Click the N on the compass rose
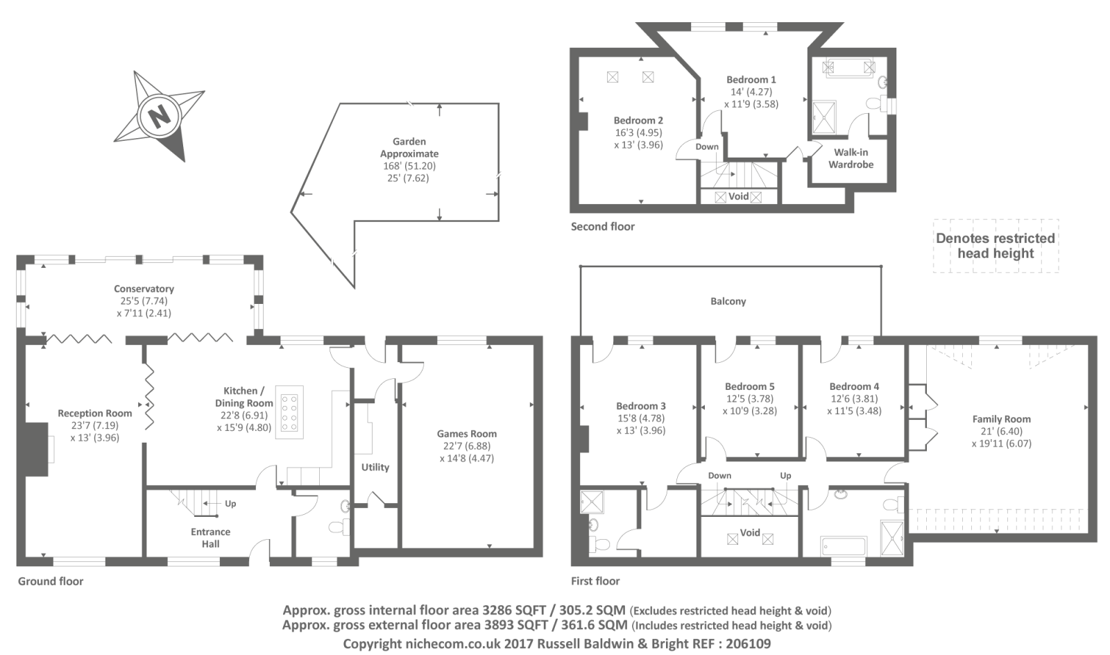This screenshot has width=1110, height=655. pyautogui.click(x=160, y=115)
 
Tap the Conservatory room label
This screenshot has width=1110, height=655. pyautogui.click(x=144, y=289)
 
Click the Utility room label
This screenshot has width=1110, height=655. pyautogui.click(x=375, y=467)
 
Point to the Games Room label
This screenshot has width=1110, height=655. pyautogui.click(x=466, y=434)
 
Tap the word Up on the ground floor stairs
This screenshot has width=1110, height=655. pyautogui.click(x=230, y=504)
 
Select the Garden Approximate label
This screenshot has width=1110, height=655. pyautogui.click(x=409, y=148)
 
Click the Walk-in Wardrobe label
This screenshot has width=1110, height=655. pyautogui.click(x=851, y=158)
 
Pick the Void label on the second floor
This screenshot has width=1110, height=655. pyautogui.click(x=738, y=196)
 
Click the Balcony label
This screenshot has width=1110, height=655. pyautogui.click(x=728, y=301)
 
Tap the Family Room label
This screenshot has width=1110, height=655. pyautogui.click(x=1001, y=419)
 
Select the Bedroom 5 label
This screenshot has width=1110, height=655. pyautogui.click(x=749, y=386)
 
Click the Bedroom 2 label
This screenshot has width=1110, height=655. pyautogui.click(x=638, y=121)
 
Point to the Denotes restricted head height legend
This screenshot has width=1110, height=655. pyautogui.click(x=995, y=246)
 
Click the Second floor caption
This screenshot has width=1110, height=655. pyautogui.click(x=602, y=226)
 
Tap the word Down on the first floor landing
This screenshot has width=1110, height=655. pyautogui.click(x=719, y=475)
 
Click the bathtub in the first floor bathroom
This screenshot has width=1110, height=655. pyautogui.click(x=843, y=546)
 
